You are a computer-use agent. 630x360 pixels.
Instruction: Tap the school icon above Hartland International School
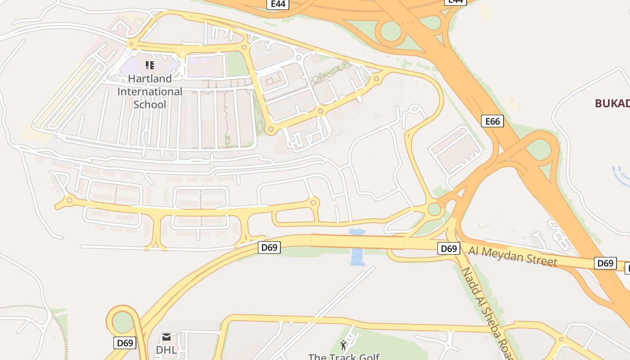click(150, 65)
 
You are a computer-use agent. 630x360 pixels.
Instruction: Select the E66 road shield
click(492, 121)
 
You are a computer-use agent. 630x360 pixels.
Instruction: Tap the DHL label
click(166, 350)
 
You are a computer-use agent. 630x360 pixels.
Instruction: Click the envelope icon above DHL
click(166, 337)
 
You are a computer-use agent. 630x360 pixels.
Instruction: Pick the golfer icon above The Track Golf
click(344, 345)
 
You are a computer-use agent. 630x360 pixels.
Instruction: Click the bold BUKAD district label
click(612, 103)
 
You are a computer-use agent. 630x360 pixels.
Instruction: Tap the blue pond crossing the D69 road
click(357, 247)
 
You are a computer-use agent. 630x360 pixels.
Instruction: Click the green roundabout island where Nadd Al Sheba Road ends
click(434, 209)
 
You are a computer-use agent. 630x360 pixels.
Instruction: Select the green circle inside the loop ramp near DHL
click(122, 322)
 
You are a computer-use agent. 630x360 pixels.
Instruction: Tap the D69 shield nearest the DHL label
click(125, 343)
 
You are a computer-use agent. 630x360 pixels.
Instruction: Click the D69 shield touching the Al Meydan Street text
click(449, 248)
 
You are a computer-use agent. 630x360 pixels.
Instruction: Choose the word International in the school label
click(150, 92)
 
